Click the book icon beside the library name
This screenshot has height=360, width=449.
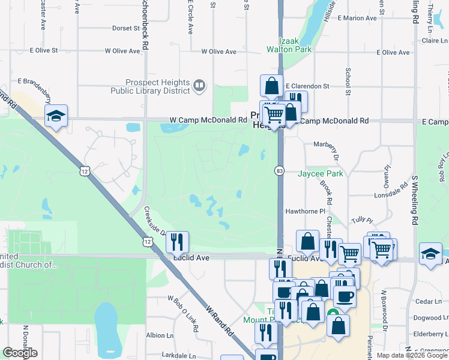pyautogui.click(x=199, y=86)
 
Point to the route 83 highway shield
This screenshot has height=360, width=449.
pyautogui.click(x=280, y=171)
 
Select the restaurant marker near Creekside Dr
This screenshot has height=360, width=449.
pyautogui.click(x=177, y=242)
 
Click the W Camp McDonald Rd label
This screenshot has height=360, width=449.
pyautogui.click(x=209, y=120)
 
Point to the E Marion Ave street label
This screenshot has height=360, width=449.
pyautogui.click(x=357, y=18)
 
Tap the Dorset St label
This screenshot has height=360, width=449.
pyautogui.click(x=126, y=28)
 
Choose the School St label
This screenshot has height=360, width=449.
pyautogui.click(x=348, y=77)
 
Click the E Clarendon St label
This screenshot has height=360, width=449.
pyautogui.click(x=307, y=86)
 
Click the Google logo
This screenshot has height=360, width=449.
pyautogui.click(x=20, y=353)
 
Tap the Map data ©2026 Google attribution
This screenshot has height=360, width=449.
pyautogui.click(x=412, y=355)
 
